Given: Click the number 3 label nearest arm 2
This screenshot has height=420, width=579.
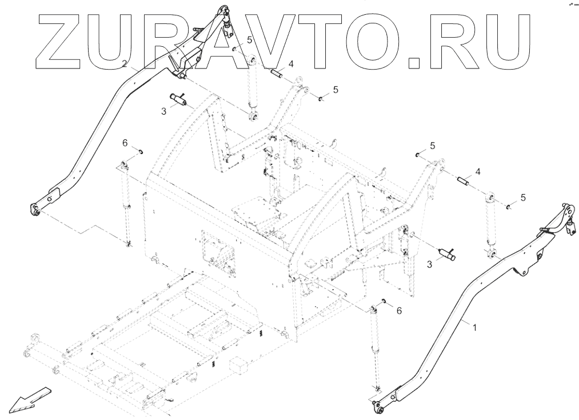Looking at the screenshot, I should click(x=163, y=112).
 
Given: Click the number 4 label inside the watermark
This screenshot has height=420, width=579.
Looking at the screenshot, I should click(x=291, y=64).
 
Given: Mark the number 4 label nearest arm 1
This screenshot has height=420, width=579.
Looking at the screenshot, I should click(x=478, y=171).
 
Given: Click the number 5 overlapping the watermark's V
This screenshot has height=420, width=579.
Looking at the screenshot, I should click(x=250, y=40).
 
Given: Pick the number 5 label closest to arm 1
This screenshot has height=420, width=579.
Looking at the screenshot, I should click(x=522, y=198).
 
